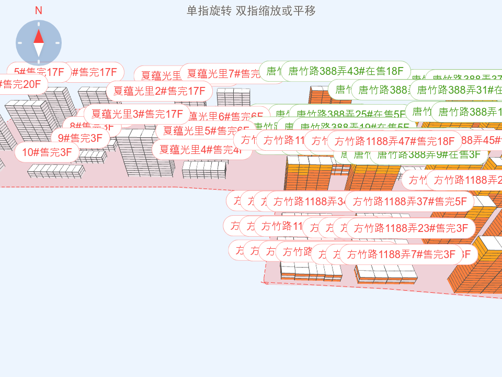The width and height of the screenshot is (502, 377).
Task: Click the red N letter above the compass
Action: point(38,10)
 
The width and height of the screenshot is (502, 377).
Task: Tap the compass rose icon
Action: point(39,43)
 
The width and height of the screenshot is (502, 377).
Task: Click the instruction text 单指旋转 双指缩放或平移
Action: point(251,11)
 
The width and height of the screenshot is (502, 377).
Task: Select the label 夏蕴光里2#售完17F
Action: point(159,91)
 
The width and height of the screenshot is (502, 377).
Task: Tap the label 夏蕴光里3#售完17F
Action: point(137,114)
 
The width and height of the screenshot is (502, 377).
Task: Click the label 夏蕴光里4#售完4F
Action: point(199,150)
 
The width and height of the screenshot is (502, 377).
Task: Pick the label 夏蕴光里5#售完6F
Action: point(204,130)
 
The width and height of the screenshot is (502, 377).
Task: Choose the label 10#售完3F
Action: point(47,152)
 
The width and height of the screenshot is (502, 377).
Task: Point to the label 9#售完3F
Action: point(80,138)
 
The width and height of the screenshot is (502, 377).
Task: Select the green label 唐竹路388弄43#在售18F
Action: point(346,71)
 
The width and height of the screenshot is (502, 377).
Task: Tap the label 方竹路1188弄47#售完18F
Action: point(394,141)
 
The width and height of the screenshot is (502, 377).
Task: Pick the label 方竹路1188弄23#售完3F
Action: point(410,228)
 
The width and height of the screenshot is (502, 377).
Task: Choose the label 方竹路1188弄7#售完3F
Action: point(401,254)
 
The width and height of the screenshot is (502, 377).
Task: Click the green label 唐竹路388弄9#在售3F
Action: point(429,154)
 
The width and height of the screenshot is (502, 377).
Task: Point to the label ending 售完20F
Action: point(21,84)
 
